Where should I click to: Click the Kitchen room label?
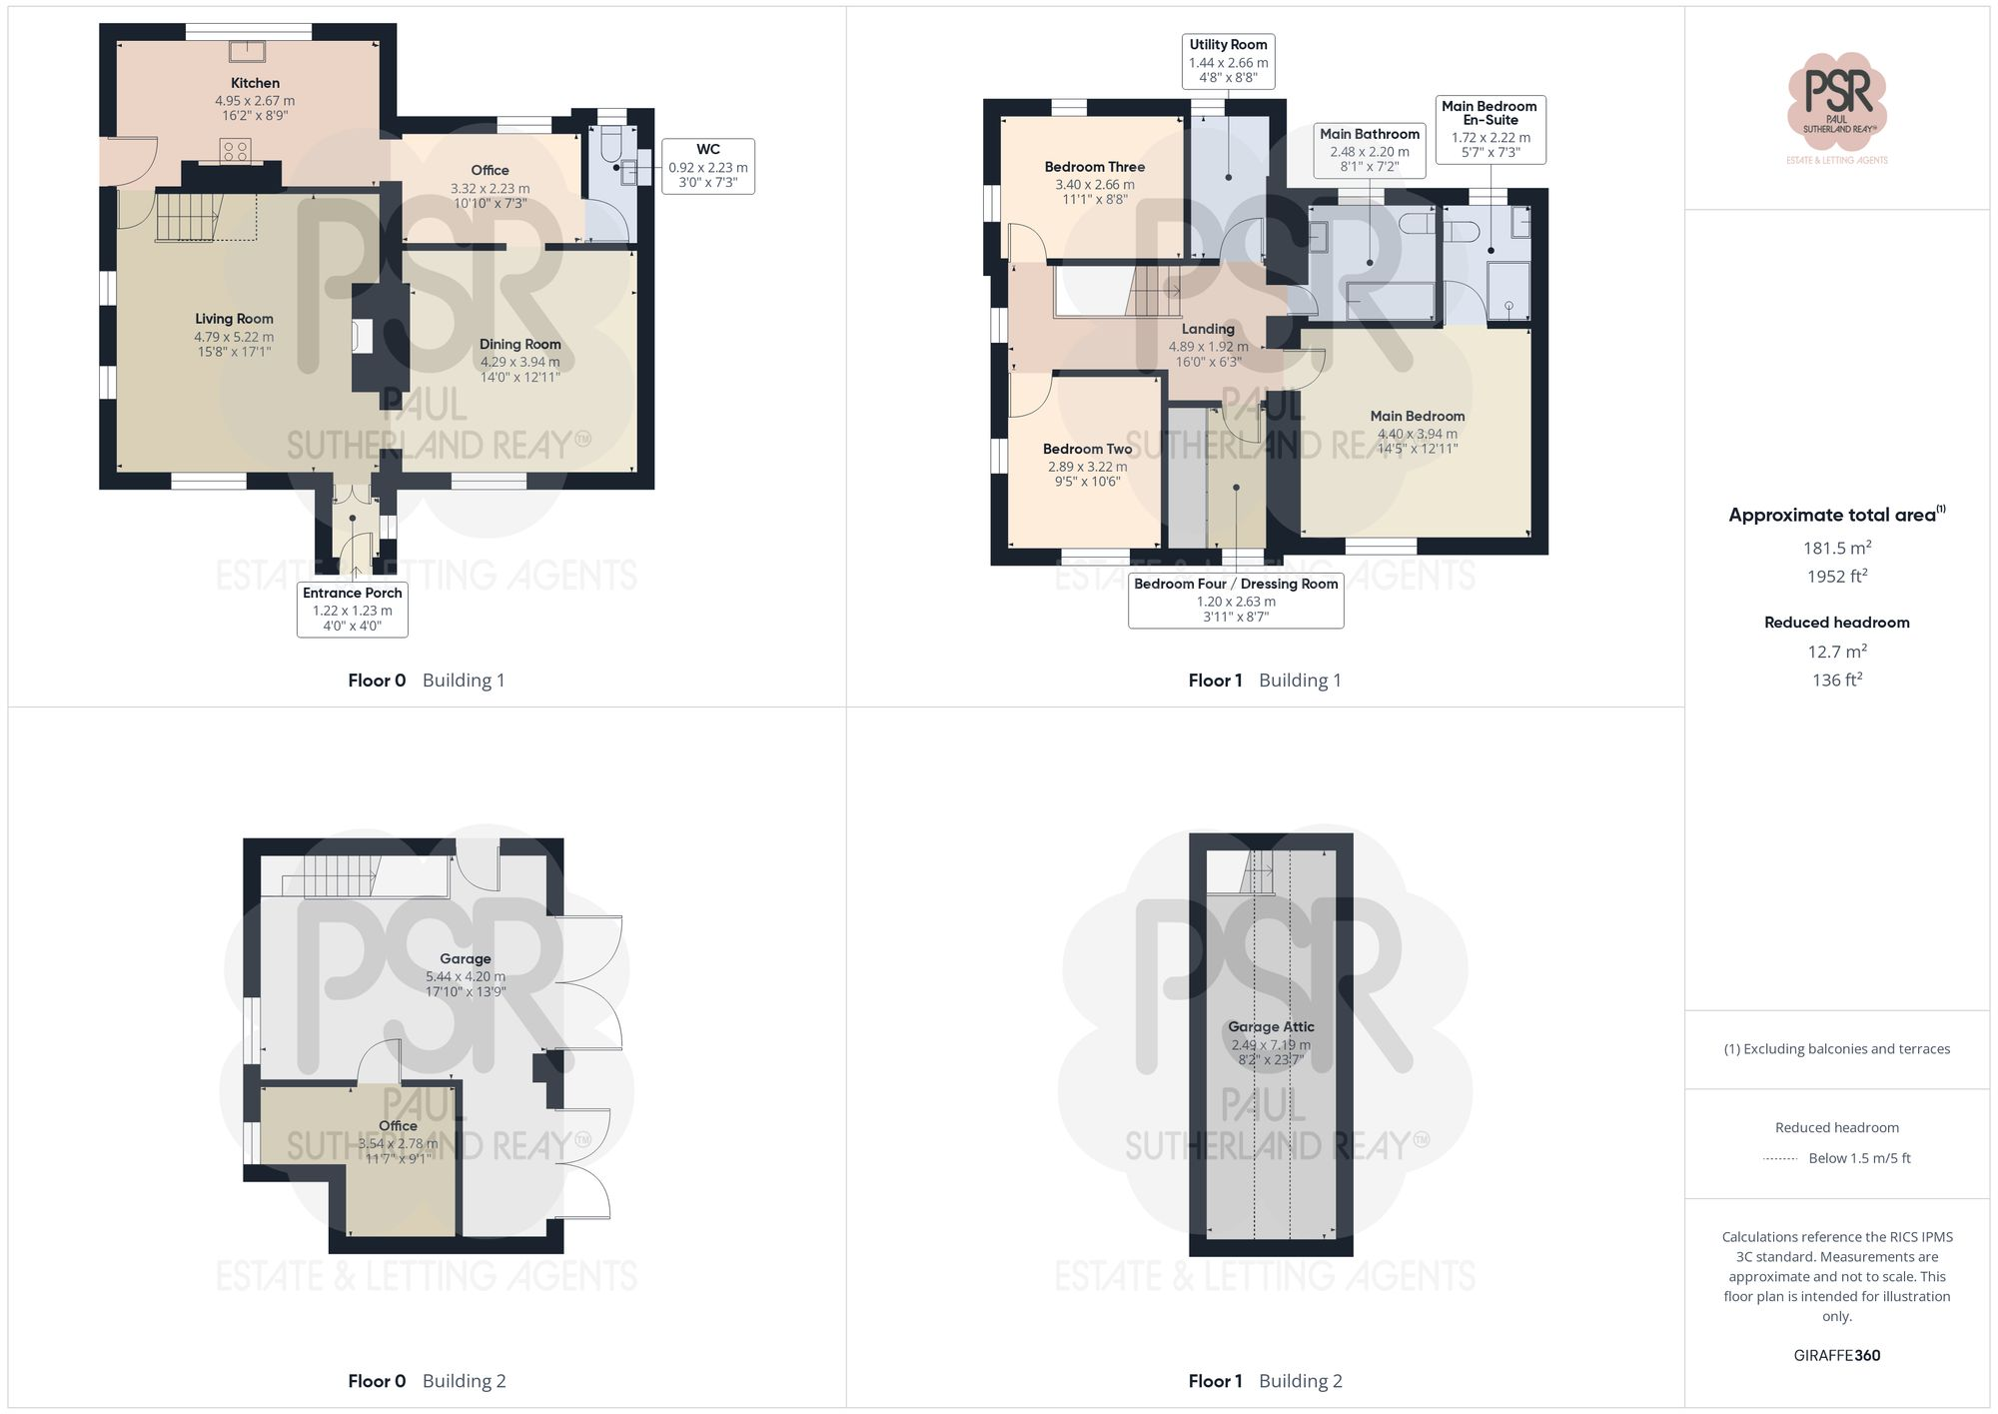click(x=255, y=84)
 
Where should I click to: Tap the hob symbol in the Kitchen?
click(x=236, y=151)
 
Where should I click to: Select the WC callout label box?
click(x=707, y=166)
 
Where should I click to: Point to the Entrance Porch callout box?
click(x=353, y=609)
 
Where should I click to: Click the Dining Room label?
click(x=519, y=345)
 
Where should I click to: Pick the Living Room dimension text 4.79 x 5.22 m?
click(x=234, y=337)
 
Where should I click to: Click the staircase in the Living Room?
click(x=187, y=217)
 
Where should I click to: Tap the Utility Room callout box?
click(x=1228, y=61)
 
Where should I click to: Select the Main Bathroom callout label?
click(x=1369, y=150)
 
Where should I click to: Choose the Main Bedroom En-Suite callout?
click(x=1490, y=129)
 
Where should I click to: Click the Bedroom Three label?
click(x=1095, y=167)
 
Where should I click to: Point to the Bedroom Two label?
click(x=1087, y=450)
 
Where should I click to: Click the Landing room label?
click(x=1208, y=329)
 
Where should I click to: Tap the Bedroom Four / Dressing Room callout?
click(x=1236, y=600)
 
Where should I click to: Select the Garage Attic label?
click(x=1271, y=1026)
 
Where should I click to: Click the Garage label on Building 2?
click(x=466, y=958)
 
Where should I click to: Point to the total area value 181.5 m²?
click(x=1836, y=548)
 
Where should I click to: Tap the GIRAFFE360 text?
click(x=1836, y=1355)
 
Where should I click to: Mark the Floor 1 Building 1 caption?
click(x=1265, y=681)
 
